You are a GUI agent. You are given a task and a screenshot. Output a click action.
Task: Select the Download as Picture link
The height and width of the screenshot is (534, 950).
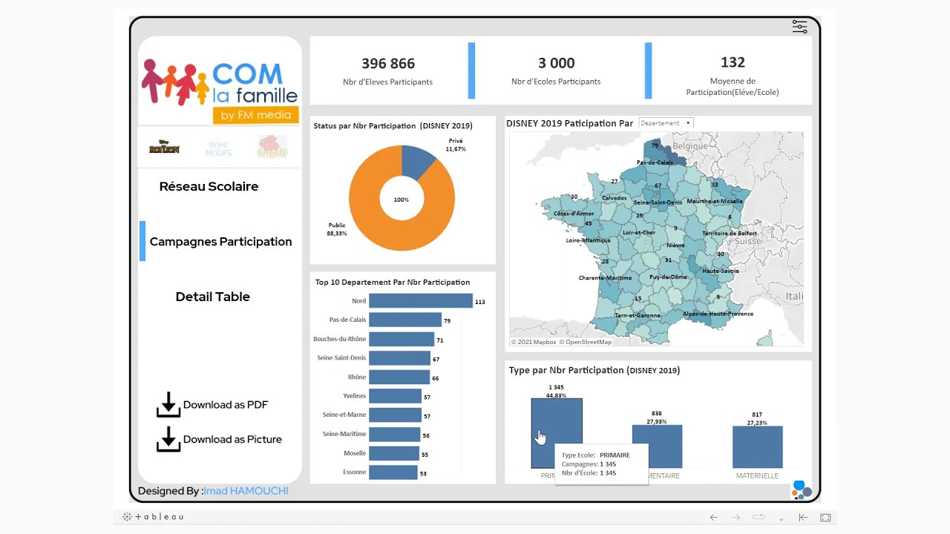click(x=219, y=439)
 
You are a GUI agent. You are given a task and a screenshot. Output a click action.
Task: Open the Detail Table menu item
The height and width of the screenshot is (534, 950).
click(x=212, y=297)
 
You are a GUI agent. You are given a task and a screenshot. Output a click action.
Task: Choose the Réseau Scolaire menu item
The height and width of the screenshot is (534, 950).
click(x=209, y=186)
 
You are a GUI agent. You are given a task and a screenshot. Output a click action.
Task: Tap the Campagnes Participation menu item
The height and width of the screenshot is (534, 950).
click(x=220, y=242)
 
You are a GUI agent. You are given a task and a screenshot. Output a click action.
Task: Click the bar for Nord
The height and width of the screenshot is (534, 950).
click(x=420, y=301)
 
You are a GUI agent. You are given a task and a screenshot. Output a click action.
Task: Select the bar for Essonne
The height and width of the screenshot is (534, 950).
click(x=393, y=472)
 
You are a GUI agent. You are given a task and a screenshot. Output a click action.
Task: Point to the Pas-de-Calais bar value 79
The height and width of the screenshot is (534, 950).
click(x=447, y=321)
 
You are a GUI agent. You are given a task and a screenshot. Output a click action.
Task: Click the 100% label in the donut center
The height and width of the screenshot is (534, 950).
click(x=401, y=200)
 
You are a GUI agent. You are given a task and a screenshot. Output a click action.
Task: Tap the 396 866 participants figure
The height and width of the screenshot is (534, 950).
click(x=387, y=64)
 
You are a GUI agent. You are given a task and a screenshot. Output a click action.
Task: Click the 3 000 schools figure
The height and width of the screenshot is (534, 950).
click(x=556, y=64)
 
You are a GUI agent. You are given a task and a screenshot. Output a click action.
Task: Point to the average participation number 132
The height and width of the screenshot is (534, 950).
click(x=732, y=63)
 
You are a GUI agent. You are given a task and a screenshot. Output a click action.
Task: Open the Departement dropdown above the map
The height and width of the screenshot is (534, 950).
click(x=666, y=123)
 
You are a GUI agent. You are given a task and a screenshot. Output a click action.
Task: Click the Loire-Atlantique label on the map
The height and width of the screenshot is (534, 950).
click(x=588, y=240)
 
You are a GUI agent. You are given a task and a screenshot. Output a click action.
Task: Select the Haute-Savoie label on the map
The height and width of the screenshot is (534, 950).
click(x=720, y=271)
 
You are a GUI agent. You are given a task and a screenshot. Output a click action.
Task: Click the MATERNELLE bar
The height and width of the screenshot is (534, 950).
click(x=757, y=446)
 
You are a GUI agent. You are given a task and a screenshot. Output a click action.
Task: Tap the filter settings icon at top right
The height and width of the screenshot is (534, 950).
click(x=799, y=27)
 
